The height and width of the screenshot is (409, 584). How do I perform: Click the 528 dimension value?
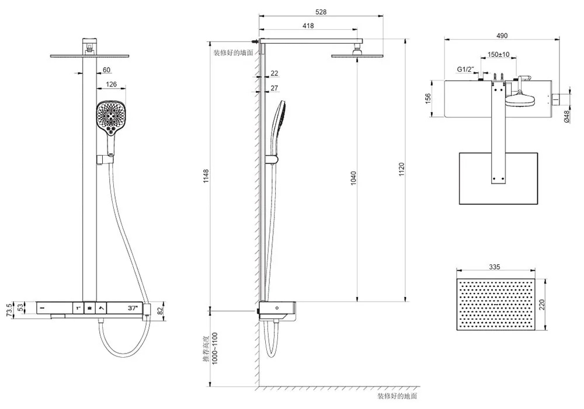tap(321, 12)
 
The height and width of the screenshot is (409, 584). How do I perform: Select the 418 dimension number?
tap(308, 26)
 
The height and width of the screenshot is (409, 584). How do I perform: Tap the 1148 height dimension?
tap(206, 176)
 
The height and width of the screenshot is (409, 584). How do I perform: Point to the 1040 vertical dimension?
tap(353, 178)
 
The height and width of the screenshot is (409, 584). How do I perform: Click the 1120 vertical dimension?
tap(401, 169)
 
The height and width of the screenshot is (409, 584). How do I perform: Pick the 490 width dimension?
tap(502, 36)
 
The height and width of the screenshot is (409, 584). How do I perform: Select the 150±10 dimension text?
tap(498, 54)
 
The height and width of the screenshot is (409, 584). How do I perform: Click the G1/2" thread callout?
tap(465, 69)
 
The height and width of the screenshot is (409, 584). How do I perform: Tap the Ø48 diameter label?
tap(566, 116)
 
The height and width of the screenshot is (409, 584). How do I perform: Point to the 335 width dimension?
tap(494, 267)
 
